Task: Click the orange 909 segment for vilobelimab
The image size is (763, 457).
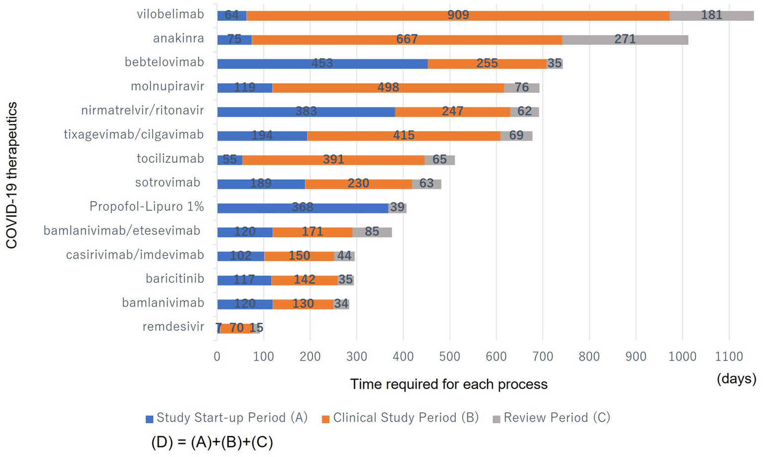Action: point(457,15)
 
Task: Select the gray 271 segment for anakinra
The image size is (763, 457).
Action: point(625,39)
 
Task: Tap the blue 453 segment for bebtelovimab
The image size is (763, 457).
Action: point(322,63)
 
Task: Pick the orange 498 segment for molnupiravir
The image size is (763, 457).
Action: point(388,88)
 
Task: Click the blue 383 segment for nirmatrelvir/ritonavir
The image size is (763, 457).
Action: point(306,111)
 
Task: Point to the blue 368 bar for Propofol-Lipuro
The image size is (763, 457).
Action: point(302,207)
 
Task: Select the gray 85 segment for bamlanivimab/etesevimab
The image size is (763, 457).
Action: point(372,232)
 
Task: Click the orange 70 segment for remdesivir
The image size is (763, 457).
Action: point(237,328)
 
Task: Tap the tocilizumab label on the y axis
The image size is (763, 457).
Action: point(170,159)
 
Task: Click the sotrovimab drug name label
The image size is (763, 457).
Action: point(168,183)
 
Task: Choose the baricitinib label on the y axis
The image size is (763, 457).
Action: point(174,278)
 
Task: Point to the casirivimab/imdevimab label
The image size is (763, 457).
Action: point(135,255)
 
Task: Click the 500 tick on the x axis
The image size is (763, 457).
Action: point(450,357)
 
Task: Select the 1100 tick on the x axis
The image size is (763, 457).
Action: point(729,357)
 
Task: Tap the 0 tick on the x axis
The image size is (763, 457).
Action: point(217,357)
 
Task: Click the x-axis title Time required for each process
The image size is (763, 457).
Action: point(448,384)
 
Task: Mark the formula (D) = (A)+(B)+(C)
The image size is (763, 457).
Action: point(212,442)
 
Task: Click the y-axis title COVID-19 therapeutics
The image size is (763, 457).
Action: point(12,175)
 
